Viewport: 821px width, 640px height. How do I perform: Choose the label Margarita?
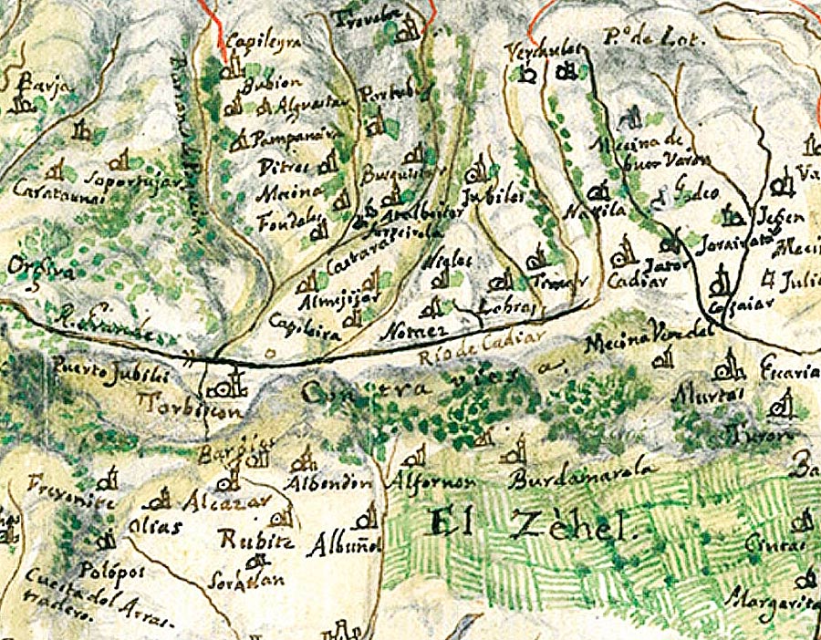(x=772, y=602)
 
